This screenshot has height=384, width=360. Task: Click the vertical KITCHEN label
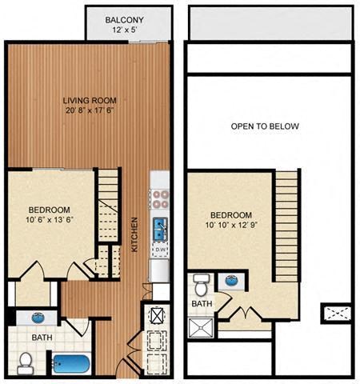(136, 235)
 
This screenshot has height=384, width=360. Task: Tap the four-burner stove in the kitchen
(159, 198)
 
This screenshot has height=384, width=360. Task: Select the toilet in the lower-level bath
(25, 363)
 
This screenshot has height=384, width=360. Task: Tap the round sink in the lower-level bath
(38, 318)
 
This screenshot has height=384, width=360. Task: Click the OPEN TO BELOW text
(265, 126)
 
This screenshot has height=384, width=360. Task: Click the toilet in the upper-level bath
(201, 285)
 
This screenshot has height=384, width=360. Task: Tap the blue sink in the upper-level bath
(232, 281)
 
